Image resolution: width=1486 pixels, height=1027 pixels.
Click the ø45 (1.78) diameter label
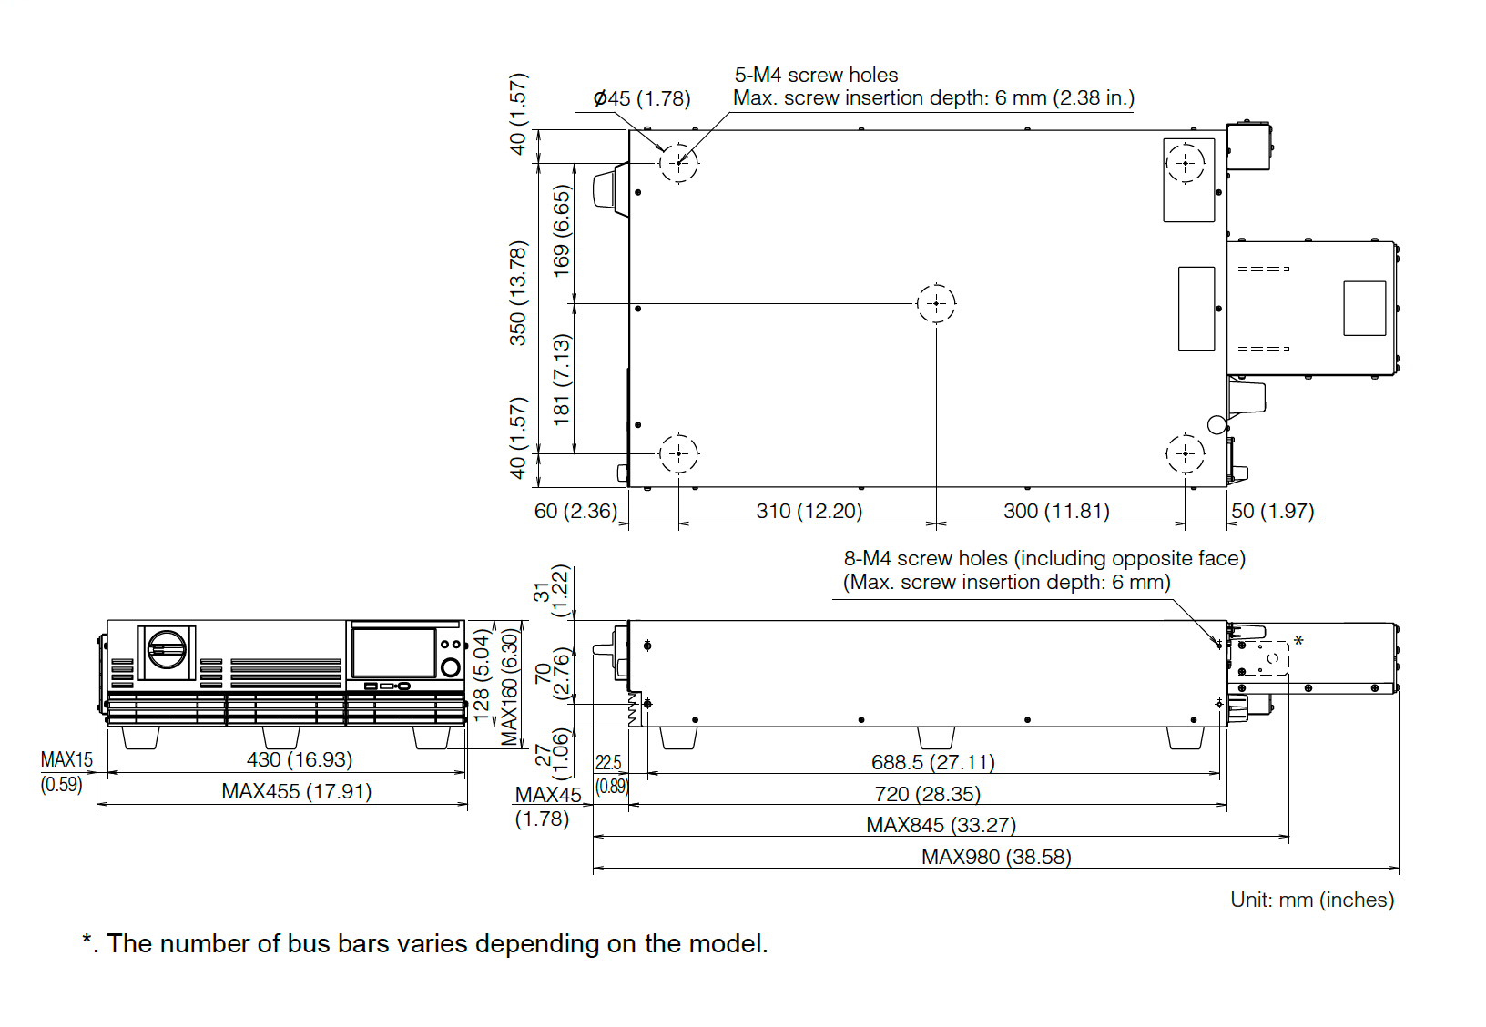pos(641,98)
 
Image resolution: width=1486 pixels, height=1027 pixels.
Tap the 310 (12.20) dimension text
pos(809,511)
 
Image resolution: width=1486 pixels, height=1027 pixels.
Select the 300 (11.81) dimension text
pos(1056,511)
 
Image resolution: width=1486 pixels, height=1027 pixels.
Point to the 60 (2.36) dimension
pos(575,511)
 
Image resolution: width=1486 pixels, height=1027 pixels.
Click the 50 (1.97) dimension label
pos(1272,511)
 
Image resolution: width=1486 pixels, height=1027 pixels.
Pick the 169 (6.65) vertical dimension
pos(562,231)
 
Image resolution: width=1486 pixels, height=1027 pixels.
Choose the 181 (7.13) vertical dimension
pos(562,379)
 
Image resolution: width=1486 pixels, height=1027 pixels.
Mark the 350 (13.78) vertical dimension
pos(518,293)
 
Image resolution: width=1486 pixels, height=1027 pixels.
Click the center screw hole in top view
pos(936,303)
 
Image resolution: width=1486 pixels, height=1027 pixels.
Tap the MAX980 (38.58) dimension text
pos(996,857)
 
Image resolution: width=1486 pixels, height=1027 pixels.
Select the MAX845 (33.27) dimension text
pos(941,825)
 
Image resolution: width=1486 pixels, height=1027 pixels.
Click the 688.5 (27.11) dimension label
pos(932,762)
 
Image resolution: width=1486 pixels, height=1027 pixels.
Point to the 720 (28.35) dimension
pos(927,794)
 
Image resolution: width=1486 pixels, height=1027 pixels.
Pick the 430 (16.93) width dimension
pos(299,759)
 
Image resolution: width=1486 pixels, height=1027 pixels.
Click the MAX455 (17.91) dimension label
pos(296,791)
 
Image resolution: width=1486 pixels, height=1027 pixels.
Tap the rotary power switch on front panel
pos(167,650)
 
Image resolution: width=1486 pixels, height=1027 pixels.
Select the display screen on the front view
pos(393,652)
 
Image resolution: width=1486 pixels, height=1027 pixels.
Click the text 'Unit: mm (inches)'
pos(1311,900)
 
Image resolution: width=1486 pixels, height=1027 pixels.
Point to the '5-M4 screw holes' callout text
pos(816,75)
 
